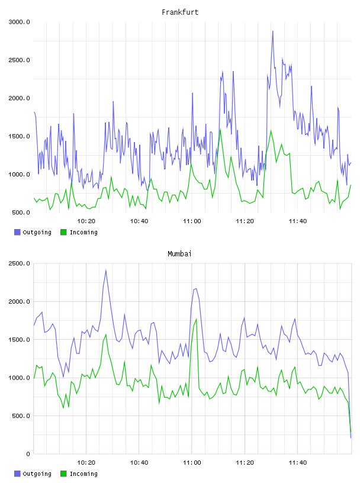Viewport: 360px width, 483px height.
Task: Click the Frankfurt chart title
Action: click(180, 12)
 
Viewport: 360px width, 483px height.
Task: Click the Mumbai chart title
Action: click(179, 254)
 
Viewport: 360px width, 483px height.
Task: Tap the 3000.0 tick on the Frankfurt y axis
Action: click(19, 22)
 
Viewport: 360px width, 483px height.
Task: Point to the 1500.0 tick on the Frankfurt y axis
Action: click(19, 136)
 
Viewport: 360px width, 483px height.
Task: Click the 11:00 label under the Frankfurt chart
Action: click(192, 221)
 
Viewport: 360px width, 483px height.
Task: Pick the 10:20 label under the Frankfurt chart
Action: click(86, 221)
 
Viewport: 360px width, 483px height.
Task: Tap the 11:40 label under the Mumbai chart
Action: click(298, 463)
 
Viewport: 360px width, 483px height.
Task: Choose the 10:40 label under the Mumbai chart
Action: click(139, 463)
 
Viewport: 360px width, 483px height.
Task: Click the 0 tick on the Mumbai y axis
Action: click(28, 454)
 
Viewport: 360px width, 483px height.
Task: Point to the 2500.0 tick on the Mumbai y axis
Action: click(19, 263)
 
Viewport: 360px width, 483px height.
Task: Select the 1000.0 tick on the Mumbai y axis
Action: click(19, 378)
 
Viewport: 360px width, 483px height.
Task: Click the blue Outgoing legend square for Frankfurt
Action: click(17, 232)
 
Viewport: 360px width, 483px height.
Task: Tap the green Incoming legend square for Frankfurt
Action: click(63, 232)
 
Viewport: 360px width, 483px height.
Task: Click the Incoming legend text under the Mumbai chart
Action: click(83, 474)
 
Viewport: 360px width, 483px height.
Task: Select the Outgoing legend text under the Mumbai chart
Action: click(37, 474)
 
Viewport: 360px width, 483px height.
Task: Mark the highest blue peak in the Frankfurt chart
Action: click(273, 31)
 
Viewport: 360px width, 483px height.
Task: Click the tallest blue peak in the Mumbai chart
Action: click(106, 271)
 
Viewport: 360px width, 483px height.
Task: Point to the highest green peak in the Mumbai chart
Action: click(197, 319)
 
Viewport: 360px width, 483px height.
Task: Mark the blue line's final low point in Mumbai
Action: click(351, 437)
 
